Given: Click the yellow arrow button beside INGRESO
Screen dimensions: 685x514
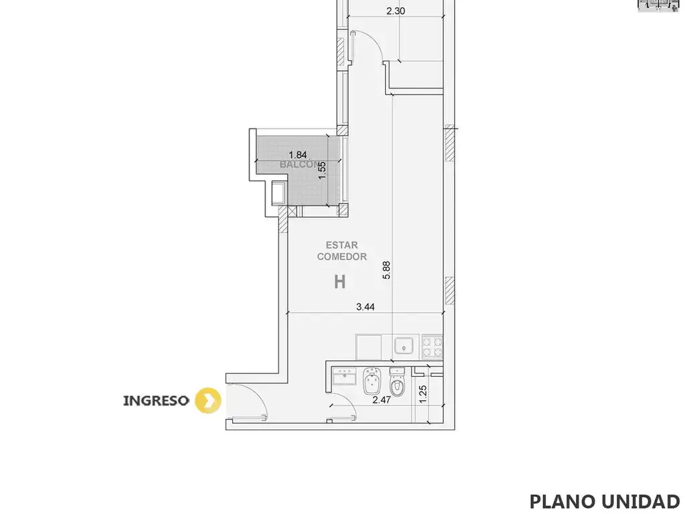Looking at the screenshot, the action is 208,400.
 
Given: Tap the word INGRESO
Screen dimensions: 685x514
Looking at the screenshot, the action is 156,401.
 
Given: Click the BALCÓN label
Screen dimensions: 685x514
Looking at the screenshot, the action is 299,165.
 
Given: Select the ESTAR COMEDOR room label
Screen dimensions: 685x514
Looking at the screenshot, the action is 342,251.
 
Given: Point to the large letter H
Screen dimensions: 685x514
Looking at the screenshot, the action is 340,282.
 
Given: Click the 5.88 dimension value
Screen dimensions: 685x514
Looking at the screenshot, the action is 386,270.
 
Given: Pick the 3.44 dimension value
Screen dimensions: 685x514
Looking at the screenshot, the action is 365,307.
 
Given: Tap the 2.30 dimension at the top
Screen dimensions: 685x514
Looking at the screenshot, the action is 396,11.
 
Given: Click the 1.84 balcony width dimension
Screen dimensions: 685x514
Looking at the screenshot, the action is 298,155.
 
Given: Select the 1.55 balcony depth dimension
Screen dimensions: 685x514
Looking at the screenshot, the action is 322,171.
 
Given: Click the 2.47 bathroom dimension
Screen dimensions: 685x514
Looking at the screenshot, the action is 381,400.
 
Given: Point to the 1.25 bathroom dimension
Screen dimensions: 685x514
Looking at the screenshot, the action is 423,394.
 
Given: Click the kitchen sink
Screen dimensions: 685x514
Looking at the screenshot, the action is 404,346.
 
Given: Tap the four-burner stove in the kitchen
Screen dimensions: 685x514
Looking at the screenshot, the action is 432,347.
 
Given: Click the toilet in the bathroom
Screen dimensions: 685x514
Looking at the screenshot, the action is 397,381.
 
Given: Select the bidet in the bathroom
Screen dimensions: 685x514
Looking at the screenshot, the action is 373,381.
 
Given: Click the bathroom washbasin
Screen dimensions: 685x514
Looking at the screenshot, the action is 345,376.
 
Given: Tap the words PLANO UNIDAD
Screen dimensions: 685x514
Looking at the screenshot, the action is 605,502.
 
